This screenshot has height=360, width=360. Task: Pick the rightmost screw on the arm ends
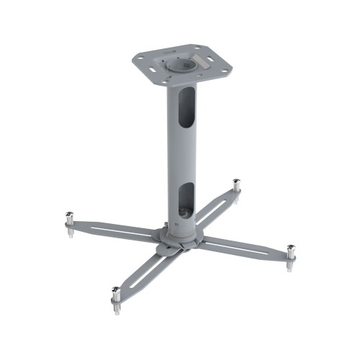[x=290, y=252]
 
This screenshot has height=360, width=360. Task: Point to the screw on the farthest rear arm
[x=236, y=185]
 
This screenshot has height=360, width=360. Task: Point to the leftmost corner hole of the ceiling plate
[x=143, y=55]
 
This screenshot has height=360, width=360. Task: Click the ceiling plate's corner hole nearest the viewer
[x=169, y=80]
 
